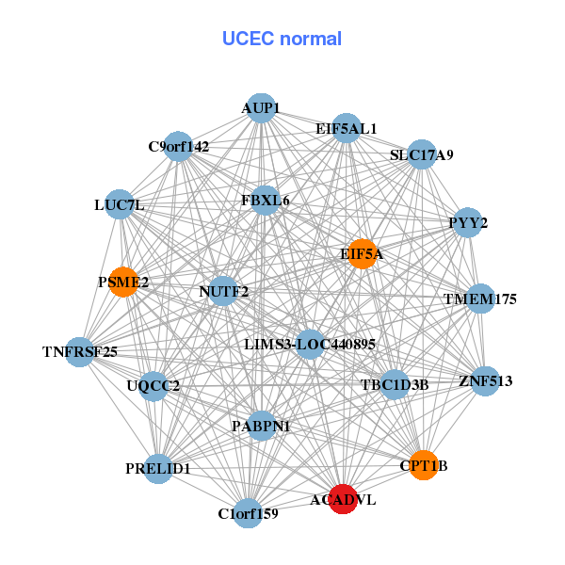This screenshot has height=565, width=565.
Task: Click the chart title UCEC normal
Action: tap(282, 39)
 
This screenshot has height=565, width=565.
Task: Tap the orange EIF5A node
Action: tap(363, 254)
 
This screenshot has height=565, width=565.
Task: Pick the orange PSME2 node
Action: tap(123, 282)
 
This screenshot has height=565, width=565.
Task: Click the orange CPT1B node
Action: tap(424, 465)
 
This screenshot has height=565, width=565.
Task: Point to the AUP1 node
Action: tap(261, 108)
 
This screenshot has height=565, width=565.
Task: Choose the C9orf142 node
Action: tap(179, 146)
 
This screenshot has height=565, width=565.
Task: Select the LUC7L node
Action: tap(119, 204)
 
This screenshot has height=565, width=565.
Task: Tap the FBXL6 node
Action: tap(266, 201)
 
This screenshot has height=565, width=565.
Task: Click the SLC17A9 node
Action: tap(421, 154)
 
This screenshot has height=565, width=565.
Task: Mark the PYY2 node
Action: tap(468, 223)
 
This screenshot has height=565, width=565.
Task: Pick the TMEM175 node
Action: tap(480, 299)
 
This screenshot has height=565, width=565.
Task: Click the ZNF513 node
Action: tap(485, 381)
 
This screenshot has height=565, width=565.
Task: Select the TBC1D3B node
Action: tap(395, 384)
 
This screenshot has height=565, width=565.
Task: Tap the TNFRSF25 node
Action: tap(80, 352)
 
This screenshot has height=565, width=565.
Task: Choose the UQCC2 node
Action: tap(153, 385)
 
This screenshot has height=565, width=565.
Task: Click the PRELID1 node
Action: tap(158, 468)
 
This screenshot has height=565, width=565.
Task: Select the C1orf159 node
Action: tap(248, 513)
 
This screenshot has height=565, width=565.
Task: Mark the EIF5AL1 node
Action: tap(346, 128)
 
